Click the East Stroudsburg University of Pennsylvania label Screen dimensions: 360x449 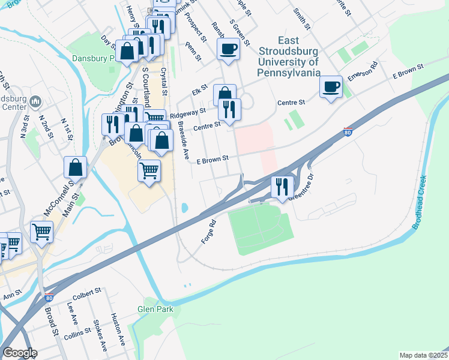click(x=288, y=57)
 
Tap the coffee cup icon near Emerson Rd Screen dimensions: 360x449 click(x=331, y=88)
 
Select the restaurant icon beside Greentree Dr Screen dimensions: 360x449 click(x=281, y=186)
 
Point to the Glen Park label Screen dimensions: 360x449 click(x=155, y=310)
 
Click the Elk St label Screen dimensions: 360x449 click(x=199, y=92)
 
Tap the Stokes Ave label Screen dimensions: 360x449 click(x=100, y=335)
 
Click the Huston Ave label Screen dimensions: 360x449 click(x=118, y=329)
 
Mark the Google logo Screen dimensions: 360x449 click(x=20, y=353)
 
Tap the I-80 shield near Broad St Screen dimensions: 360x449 click(x=47, y=297)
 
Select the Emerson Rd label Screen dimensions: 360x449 click(x=362, y=73)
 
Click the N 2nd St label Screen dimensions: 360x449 click(x=44, y=128)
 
